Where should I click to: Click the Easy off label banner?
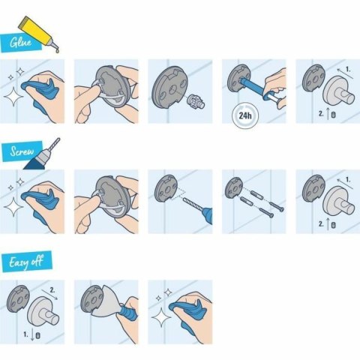[x=26, y=262]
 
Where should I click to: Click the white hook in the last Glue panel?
[x=327, y=94]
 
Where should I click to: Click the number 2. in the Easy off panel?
[x=51, y=289]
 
